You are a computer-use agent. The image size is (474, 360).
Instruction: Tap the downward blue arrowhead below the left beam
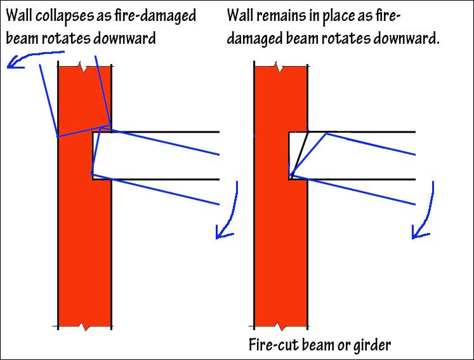point(221,232)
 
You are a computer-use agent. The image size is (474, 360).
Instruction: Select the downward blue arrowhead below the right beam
point(418,232)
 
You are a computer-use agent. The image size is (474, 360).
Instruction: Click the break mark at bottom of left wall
point(85,327)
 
